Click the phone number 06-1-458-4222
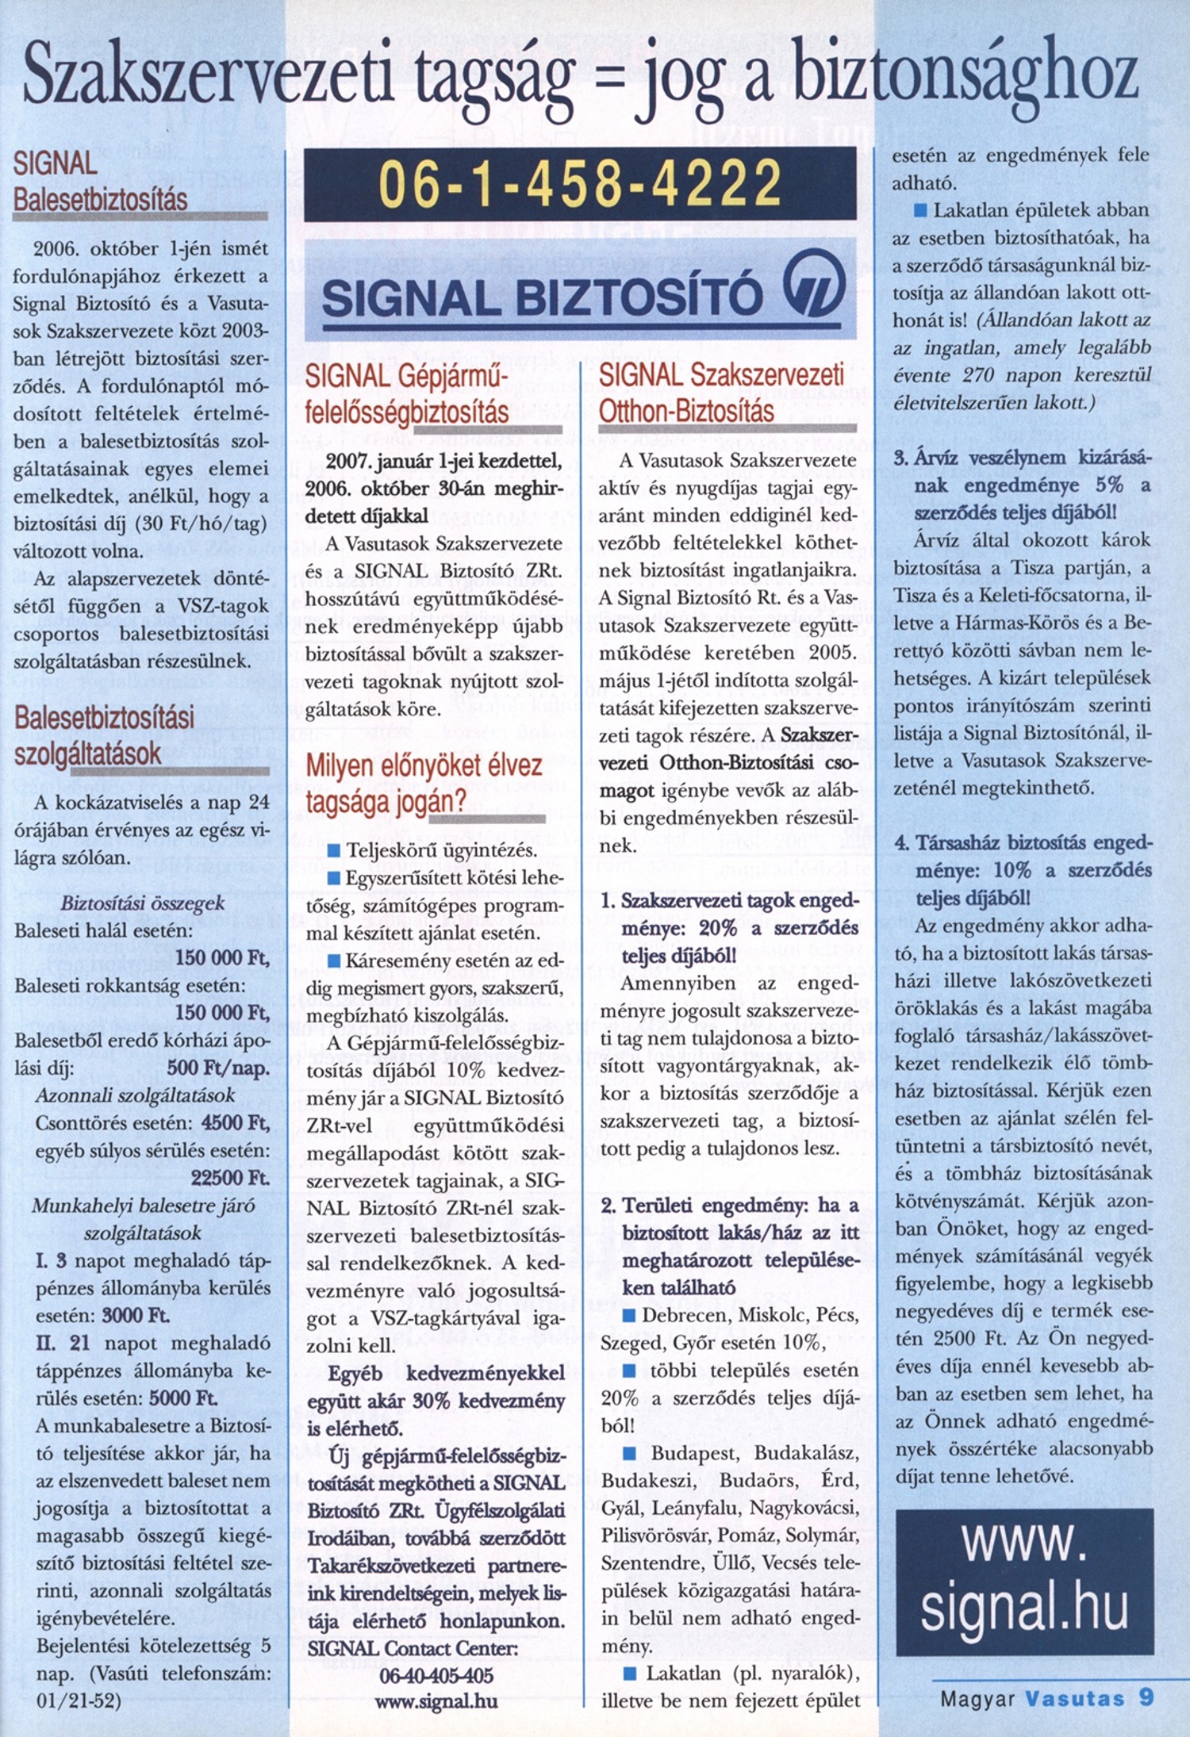580,183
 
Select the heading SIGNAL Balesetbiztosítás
100,182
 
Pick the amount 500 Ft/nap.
218,1068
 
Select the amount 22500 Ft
230,1178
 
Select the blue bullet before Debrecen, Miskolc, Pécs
629,1315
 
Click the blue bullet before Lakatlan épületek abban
921,211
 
